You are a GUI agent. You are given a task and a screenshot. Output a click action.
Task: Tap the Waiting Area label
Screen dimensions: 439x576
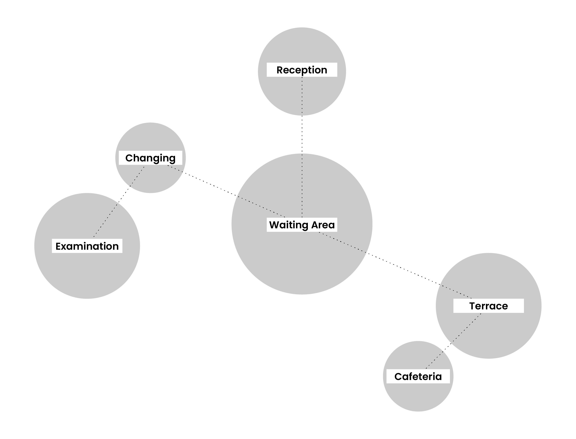click(x=302, y=225)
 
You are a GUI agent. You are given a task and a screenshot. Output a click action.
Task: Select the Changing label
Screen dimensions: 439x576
click(x=150, y=158)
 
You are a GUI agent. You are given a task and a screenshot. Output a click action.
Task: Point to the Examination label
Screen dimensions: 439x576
click(x=87, y=246)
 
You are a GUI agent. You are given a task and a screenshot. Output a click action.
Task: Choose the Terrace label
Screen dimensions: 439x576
click(x=488, y=306)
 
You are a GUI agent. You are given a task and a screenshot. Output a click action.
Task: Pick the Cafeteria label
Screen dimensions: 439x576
click(x=418, y=376)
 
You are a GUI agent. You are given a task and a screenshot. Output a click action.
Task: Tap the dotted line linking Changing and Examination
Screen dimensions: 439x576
click(x=119, y=202)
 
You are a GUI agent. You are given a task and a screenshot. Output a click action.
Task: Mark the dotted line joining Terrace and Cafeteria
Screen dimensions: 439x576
click(x=453, y=341)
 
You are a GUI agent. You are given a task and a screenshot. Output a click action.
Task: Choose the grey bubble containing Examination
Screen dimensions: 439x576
click(x=87, y=274)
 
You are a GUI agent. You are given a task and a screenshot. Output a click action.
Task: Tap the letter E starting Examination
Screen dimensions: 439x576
click(x=58, y=246)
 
